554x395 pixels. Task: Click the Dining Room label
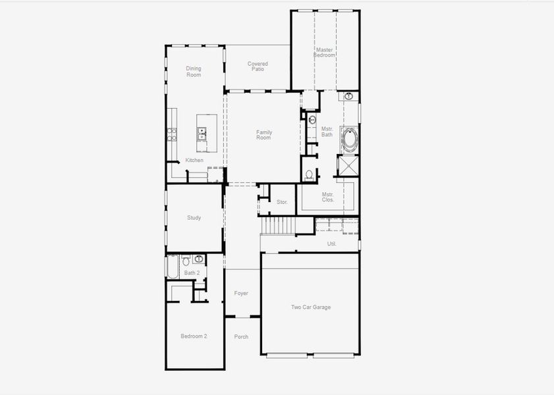click(x=193, y=72)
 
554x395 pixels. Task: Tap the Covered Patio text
click(x=258, y=66)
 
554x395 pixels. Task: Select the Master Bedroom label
click(x=324, y=52)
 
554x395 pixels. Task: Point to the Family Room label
click(x=263, y=135)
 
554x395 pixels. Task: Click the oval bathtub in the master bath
click(x=349, y=140)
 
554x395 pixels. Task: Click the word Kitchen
click(x=194, y=161)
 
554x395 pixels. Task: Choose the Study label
click(x=194, y=218)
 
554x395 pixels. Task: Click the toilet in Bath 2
click(x=186, y=259)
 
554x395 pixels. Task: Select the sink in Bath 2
click(x=198, y=259)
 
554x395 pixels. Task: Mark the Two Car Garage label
click(x=311, y=307)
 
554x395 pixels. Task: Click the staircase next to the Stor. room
click(x=277, y=226)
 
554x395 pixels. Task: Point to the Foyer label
click(x=241, y=293)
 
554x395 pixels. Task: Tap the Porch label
click(x=241, y=336)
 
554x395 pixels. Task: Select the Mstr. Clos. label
click(x=327, y=197)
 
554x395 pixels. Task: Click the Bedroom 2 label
click(x=194, y=336)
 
